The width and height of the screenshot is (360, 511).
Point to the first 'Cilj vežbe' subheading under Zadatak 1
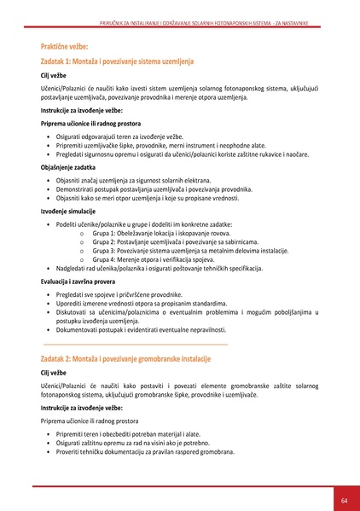pyautogui.click(x=54, y=76)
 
